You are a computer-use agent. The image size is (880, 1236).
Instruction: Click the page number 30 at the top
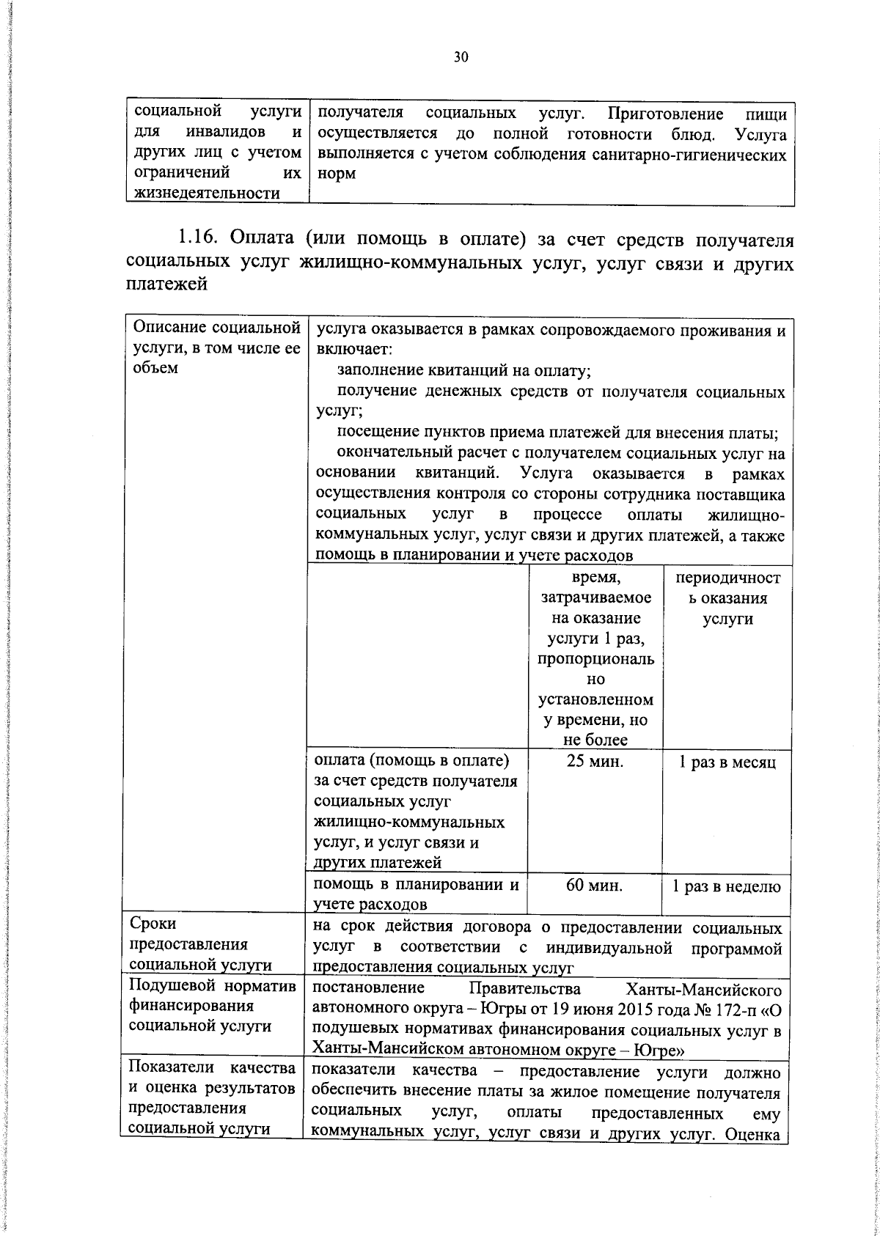click(461, 58)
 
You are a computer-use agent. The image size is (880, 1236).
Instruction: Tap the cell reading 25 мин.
click(595, 762)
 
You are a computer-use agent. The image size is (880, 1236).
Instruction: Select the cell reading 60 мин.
click(595, 886)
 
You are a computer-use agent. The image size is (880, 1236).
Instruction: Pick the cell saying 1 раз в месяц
click(727, 762)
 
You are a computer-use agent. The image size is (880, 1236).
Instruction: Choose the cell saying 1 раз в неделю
click(727, 886)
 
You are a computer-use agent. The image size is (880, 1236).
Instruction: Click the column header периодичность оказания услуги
click(727, 597)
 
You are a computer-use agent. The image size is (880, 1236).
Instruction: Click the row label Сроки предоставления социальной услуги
click(200, 944)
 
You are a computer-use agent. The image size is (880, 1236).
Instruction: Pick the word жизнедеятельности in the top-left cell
click(207, 194)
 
